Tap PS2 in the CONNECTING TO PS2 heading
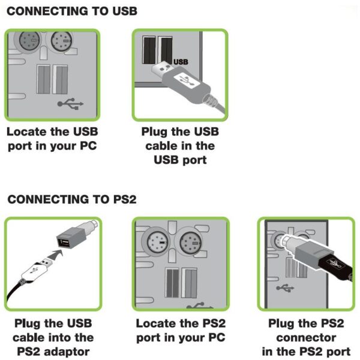[123, 199]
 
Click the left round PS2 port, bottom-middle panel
[155, 244]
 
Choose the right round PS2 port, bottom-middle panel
[191, 244]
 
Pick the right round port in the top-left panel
[61, 43]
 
